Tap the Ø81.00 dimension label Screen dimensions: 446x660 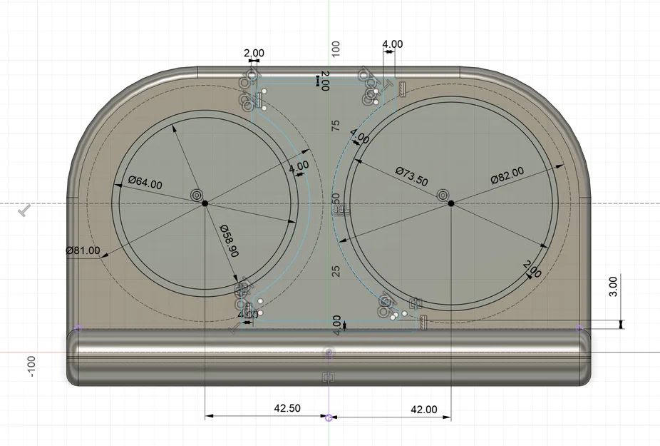83,251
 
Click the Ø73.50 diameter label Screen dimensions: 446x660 411,176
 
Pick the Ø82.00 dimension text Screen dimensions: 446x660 507,175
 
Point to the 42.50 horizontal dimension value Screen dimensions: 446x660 287,409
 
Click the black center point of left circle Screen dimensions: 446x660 205,203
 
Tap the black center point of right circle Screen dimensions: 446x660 451,203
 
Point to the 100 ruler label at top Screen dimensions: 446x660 336,49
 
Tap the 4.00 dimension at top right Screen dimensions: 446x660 392,44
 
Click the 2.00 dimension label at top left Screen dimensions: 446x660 254,53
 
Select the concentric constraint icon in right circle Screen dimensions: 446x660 443,194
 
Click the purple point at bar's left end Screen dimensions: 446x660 78,328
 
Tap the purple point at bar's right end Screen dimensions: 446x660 579,328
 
